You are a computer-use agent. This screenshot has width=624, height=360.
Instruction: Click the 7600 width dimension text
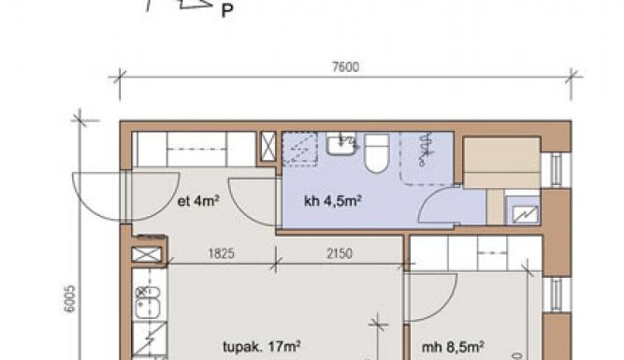tap(345, 66)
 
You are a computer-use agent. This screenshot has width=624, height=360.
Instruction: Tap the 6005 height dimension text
tap(69, 298)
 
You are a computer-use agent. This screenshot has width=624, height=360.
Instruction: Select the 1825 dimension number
tap(222, 253)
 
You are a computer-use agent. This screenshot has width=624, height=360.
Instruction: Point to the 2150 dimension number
tap(340, 253)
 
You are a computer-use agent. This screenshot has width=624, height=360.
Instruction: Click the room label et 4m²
tap(198, 201)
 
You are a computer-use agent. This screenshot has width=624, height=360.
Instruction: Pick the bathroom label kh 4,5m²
tap(333, 201)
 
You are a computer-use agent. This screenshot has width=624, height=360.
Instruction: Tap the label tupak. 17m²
tap(261, 347)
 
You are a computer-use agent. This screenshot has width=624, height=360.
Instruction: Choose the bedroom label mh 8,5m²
tap(453, 347)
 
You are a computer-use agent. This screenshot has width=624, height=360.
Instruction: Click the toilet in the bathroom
tap(377, 152)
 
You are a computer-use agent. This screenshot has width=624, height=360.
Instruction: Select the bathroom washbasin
tap(341, 144)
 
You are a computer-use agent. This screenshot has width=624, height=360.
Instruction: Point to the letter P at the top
tap(226, 10)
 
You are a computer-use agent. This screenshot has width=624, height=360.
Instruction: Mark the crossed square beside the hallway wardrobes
tap(268, 147)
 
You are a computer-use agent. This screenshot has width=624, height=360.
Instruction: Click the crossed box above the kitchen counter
tap(147, 254)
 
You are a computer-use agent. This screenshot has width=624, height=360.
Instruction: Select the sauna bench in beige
tap(502, 163)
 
